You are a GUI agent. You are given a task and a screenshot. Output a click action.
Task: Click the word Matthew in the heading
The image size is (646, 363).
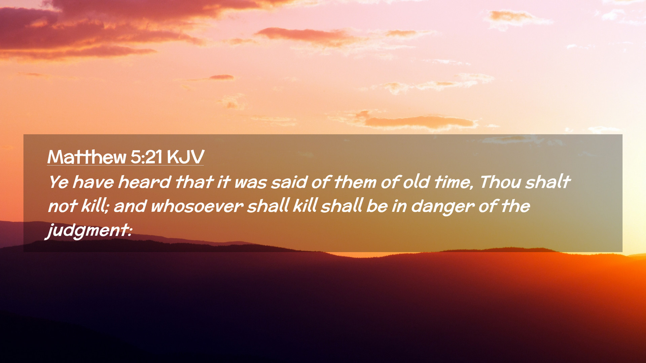click(x=86, y=157)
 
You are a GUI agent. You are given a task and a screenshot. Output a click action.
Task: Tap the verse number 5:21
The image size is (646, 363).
click(x=146, y=157)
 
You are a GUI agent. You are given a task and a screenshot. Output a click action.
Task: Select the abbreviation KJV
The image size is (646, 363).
click(x=185, y=157)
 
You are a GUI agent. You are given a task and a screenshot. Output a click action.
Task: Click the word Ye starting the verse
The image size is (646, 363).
click(x=59, y=182)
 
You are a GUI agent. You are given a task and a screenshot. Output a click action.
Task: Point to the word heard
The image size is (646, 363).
click(x=144, y=182)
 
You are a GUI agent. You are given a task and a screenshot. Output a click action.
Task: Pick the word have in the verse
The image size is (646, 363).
click(x=93, y=182)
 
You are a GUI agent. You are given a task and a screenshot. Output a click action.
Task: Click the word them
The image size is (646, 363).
click(x=355, y=182)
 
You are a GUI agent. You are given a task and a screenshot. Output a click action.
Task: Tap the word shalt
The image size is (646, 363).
click(x=548, y=182)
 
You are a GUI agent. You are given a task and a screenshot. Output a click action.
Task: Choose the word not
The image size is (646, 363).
click(x=63, y=206)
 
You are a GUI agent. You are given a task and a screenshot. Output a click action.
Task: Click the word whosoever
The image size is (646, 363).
click(x=197, y=206)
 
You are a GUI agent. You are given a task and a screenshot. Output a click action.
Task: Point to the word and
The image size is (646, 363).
click(x=130, y=206)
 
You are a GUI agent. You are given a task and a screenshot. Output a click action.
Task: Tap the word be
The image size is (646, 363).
click(x=377, y=206)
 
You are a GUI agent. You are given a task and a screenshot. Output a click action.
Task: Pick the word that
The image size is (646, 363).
click(x=194, y=182)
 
